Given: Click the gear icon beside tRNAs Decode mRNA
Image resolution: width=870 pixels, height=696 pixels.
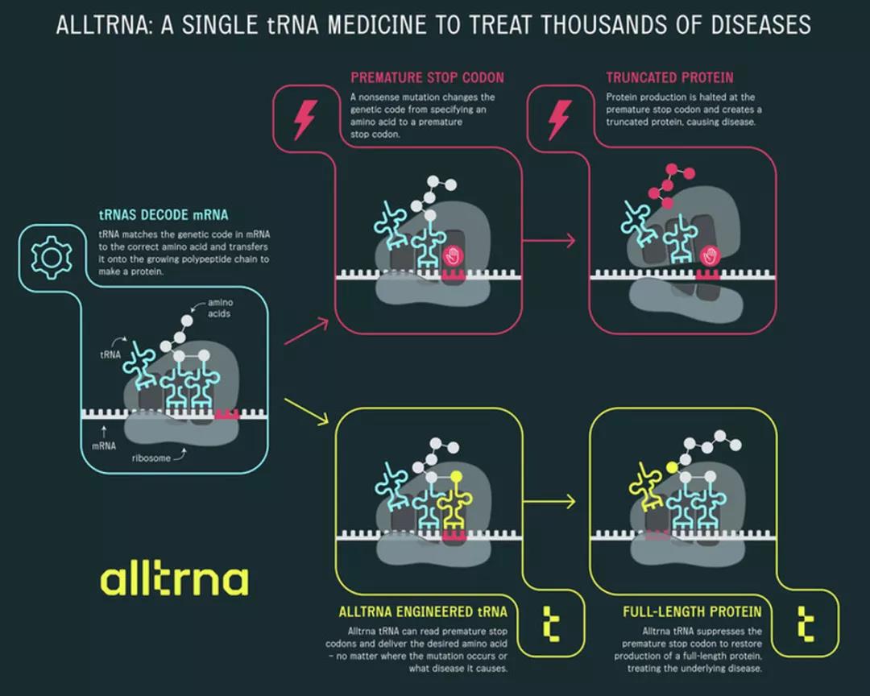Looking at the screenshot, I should (x=51, y=257).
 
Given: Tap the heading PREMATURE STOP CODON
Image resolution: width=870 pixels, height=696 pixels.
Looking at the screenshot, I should (x=427, y=78).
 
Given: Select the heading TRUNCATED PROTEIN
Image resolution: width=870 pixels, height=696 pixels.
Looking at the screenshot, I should (x=669, y=78).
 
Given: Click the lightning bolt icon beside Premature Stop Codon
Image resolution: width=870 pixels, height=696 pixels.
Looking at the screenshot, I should (x=304, y=119).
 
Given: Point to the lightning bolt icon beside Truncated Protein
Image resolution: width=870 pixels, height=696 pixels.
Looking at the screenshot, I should (x=557, y=119).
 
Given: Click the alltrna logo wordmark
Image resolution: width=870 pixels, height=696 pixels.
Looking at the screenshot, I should (x=174, y=580).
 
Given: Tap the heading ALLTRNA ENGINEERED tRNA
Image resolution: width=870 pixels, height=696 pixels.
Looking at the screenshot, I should (x=423, y=611).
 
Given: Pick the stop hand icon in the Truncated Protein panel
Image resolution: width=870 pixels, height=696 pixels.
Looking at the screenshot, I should (x=709, y=257).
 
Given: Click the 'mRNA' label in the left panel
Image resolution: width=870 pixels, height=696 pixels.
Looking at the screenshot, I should (x=104, y=445).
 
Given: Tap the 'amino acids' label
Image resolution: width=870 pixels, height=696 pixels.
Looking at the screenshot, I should (x=219, y=308).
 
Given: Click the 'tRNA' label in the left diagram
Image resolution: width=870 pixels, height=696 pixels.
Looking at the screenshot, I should (x=110, y=354).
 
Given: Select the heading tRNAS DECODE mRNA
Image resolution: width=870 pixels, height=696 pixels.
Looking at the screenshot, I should (x=163, y=215).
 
